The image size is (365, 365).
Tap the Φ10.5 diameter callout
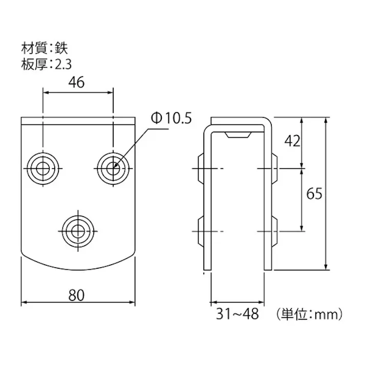pyautogui.click(x=170, y=119)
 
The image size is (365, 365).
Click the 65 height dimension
pyautogui.click(x=313, y=194)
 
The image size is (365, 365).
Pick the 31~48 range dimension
pyautogui.click(x=237, y=313)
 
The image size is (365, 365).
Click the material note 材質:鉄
pyautogui.click(x=44, y=49)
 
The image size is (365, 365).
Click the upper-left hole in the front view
pyautogui.click(x=43, y=167)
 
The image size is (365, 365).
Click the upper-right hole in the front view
pyautogui.click(x=113, y=167)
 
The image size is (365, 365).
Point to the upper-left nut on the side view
pyautogui.click(x=201, y=167)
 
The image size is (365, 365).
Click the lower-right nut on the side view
pyautogui.click(x=274, y=231)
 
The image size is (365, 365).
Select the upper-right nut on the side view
pyautogui.click(x=274, y=167)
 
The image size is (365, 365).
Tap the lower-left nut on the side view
pyautogui.click(x=201, y=231)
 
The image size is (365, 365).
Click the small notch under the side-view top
pyautogui.click(x=237, y=134)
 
